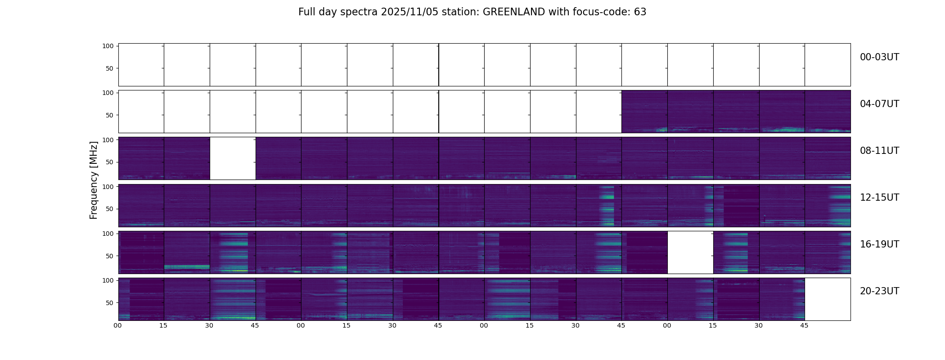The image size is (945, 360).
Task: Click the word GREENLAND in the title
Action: (513, 12)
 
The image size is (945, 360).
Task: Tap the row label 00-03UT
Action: (879, 57)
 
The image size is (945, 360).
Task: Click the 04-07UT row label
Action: (879, 104)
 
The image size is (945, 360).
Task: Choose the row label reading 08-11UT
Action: (879, 151)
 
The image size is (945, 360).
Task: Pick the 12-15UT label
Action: (879, 198)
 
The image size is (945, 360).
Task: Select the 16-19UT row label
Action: (879, 244)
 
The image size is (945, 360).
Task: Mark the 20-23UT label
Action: (879, 291)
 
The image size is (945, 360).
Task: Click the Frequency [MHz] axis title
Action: (94, 180)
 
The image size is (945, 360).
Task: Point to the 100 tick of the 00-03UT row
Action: (108, 46)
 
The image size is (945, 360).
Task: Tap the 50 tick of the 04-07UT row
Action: (110, 115)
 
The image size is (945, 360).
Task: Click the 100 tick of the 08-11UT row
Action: (108, 139)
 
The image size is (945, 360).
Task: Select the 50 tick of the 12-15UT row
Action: (110, 209)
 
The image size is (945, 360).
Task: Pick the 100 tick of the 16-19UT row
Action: (108, 234)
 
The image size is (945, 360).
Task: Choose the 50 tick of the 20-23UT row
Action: (110, 303)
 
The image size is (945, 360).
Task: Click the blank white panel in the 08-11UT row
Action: (233, 158)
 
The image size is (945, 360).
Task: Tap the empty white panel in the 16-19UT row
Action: (690, 252)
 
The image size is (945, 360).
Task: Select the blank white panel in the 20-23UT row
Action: (828, 299)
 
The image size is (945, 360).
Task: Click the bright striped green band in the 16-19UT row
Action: (187, 267)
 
